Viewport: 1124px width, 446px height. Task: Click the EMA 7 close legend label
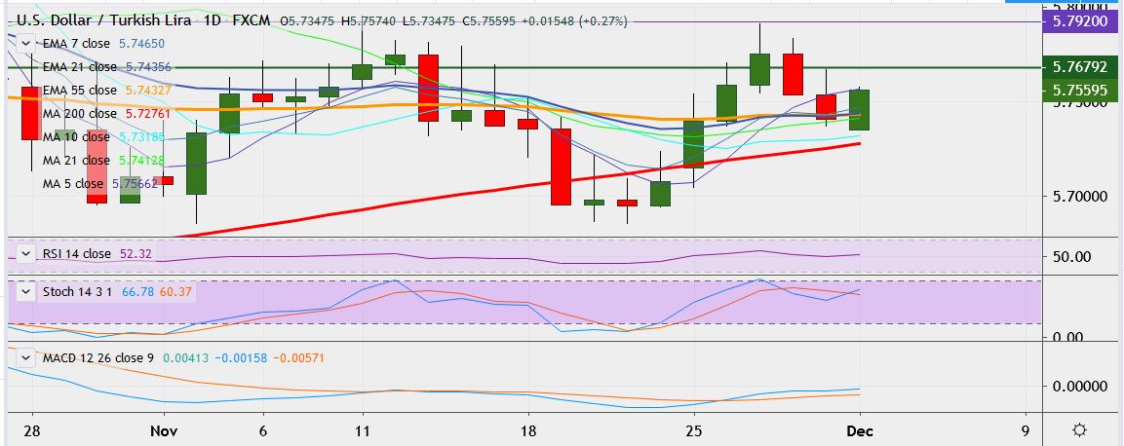pos(76,44)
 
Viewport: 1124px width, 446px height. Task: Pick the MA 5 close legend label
pos(72,183)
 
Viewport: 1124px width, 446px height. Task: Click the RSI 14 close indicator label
pos(76,254)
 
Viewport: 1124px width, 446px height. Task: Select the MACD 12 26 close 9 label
pos(97,358)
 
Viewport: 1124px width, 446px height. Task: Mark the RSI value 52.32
pos(136,254)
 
